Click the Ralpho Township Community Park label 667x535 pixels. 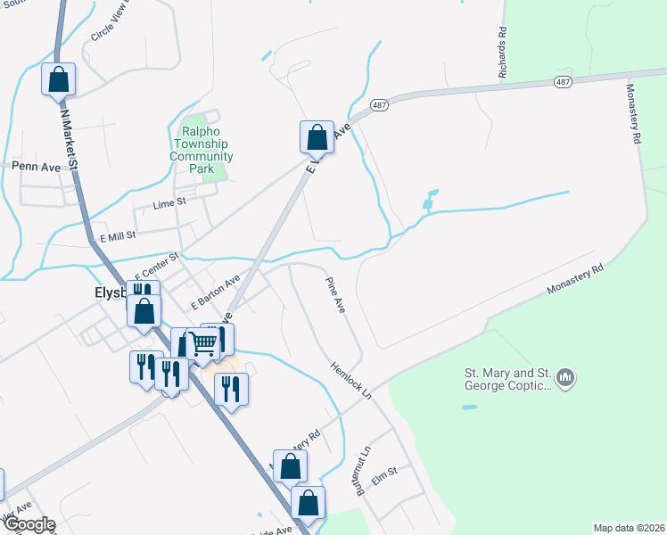click(202, 144)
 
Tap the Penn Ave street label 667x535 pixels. click(36, 167)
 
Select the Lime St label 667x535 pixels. click(169, 203)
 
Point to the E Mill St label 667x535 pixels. click(117, 236)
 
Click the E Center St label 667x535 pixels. click(157, 264)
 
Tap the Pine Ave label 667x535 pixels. click(333, 293)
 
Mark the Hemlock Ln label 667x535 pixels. click(350, 380)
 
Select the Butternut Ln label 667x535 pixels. click(362, 472)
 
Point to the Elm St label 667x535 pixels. click(384, 479)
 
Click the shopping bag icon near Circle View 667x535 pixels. click(58, 78)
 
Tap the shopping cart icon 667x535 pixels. click(204, 342)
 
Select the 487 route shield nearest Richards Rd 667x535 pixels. click(563, 81)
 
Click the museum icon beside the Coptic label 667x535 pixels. click(564, 379)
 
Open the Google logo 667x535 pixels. click(29, 524)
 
